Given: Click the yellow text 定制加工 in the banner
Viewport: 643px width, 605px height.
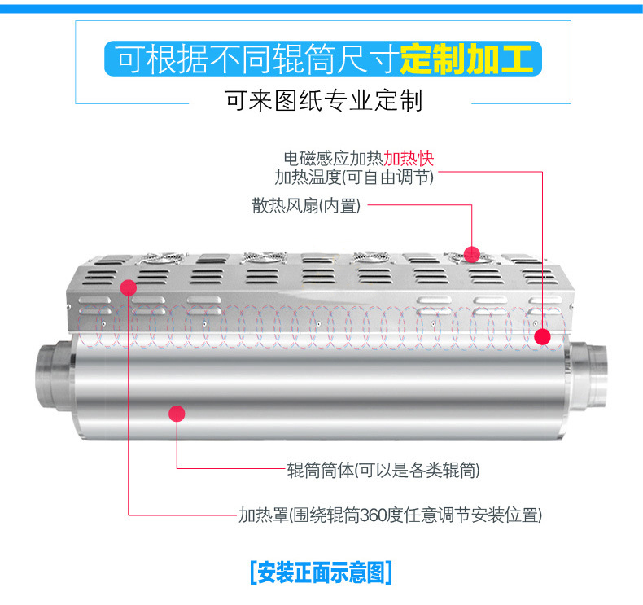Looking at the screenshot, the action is [x=466, y=59].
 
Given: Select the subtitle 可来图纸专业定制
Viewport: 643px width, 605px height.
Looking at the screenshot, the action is [x=324, y=101].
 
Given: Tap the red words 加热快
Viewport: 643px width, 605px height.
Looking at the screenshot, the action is [x=409, y=158].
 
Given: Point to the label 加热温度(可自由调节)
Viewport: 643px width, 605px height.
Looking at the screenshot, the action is [x=354, y=178].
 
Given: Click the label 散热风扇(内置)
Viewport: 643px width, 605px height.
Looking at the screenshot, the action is [x=306, y=205].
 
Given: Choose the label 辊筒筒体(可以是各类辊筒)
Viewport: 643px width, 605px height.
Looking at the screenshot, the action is [x=383, y=470].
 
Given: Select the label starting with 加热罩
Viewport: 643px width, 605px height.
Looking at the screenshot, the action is [x=390, y=515].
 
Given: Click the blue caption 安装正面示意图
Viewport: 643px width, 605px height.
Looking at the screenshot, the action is [x=321, y=572].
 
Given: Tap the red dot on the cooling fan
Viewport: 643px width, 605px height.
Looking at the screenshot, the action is [x=471, y=254].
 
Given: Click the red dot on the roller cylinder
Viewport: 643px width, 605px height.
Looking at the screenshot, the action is [x=177, y=414].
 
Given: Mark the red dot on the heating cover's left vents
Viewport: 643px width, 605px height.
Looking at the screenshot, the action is [x=129, y=287].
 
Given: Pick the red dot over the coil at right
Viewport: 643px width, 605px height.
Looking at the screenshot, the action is [x=542, y=337].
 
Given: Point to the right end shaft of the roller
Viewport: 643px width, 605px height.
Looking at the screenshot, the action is [x=588, y=375].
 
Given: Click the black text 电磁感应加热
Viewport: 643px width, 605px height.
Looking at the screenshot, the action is [x=334, y=158].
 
